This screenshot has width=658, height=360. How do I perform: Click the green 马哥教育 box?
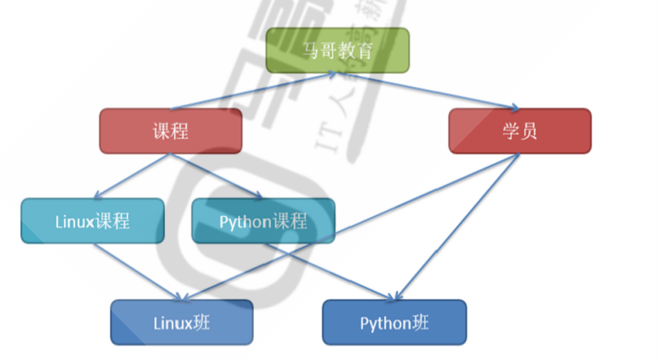click(337, 50)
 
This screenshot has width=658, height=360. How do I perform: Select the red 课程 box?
click(170, 131)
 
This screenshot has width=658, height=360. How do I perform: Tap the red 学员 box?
click(519, 131)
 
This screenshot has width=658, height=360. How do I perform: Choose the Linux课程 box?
click(93, 221)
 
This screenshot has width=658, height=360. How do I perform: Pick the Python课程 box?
click(263, 221)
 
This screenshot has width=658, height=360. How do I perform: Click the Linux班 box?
click(181, 322)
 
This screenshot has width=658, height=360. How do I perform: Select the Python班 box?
click(393, 322)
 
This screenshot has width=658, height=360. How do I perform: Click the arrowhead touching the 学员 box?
click(512, 108)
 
